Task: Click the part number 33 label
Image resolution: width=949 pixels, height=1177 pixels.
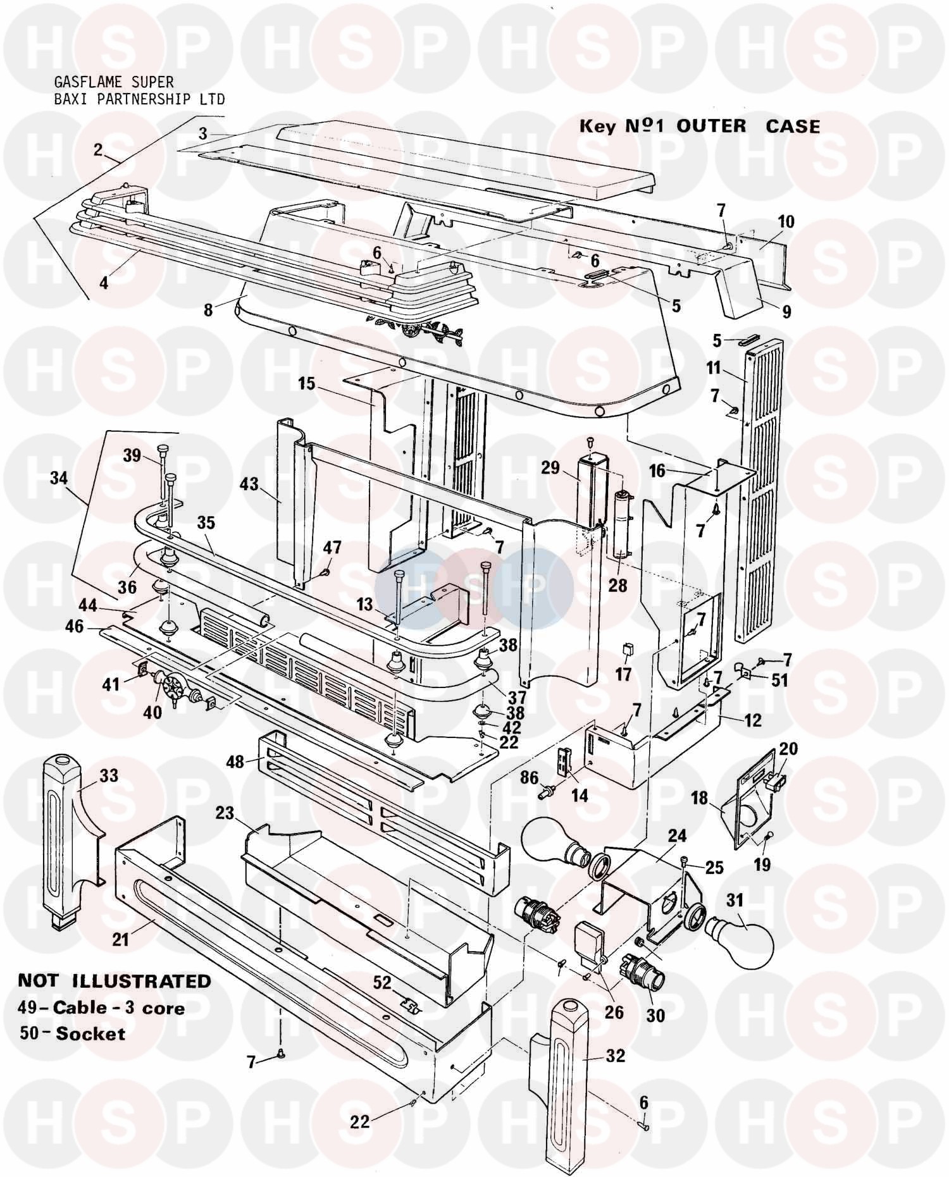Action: point(109,775)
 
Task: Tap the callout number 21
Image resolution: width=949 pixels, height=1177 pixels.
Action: point(120,939)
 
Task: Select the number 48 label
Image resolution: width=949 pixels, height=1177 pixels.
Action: point(235,761)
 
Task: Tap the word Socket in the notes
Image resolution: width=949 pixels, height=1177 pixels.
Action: point(90,1033)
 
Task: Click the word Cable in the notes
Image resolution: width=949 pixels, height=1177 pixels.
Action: point(77,1007)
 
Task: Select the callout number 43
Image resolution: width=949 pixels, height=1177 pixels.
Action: point(249,484)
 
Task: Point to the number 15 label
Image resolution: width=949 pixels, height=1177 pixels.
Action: point(307,384)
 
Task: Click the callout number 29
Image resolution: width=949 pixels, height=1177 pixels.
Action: point(550,468)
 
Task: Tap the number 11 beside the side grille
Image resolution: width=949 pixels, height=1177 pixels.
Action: point(714,367)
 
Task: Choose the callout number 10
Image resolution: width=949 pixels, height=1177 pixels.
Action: point(786,222)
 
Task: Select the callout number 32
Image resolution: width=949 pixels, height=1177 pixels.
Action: point(615,1056)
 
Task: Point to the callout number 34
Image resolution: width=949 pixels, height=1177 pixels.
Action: point(59,478)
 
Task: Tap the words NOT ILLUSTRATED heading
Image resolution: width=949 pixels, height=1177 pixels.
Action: point(115,981)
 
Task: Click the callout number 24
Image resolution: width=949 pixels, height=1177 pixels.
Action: point(677,836)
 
